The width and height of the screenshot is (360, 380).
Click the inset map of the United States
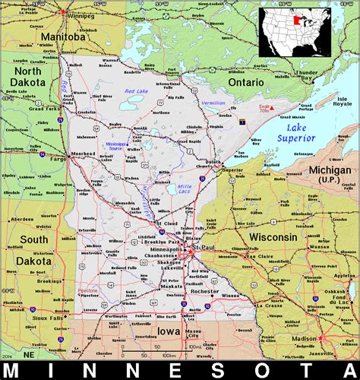[x=295, y=31]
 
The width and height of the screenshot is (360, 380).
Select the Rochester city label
[x=206, y=291]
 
